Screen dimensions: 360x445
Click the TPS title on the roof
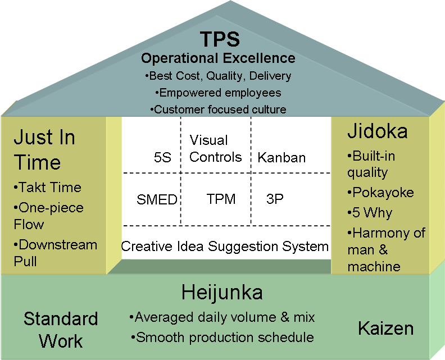[x=220, y=39]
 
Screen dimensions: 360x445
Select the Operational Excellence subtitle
[x=218, y=58]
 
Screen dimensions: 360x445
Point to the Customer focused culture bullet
[x=218, y=109]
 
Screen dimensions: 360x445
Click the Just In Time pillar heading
[x=44, y=150]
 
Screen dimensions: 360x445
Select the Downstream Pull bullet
[x=55, y=253]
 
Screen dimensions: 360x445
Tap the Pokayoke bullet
[x=380, y=193]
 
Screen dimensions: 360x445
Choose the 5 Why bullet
[x=370, y=213]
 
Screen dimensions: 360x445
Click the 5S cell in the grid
[x=162, y=157]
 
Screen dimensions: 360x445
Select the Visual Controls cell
[x=215, y=148]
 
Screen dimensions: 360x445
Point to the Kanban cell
[x=281, y=157]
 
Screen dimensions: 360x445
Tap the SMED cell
[x=157, y=199]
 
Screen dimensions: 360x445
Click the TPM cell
[x=221, y=199]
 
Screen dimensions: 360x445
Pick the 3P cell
[x=275, y=199]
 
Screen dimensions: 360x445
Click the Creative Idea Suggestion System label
[x=225, y=246]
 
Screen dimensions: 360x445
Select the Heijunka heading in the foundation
[x=222, y=293]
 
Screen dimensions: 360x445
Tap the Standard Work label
[x=61, y=330]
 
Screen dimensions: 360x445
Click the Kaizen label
[x=386, y=329]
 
